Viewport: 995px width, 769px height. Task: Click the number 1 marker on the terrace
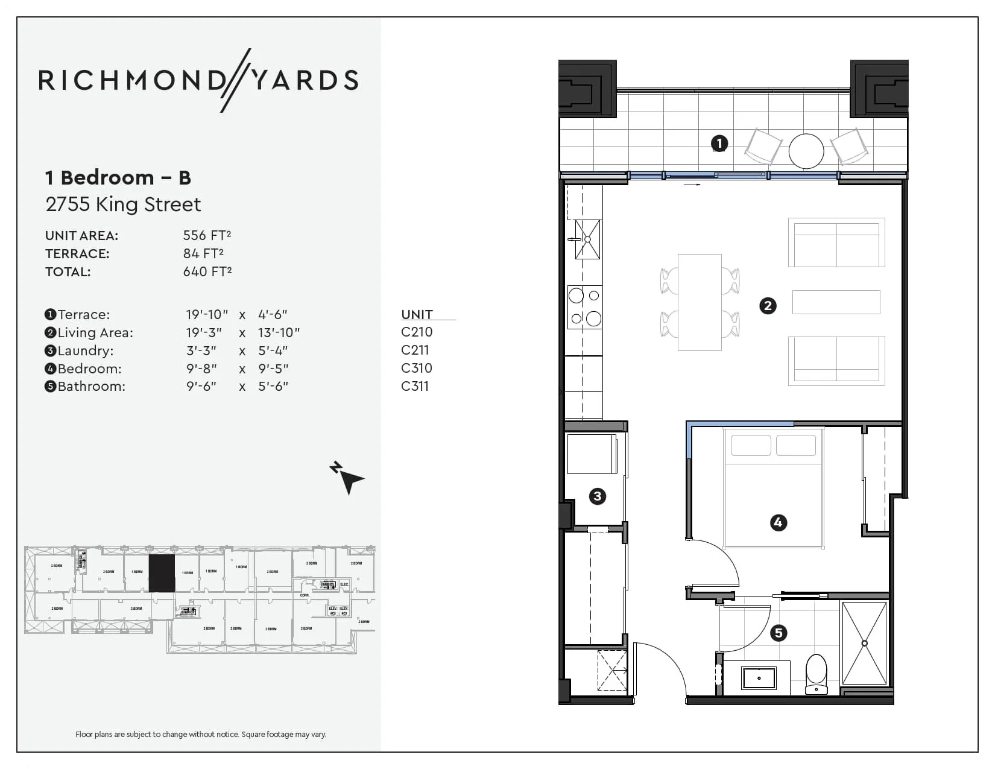pos(719,144)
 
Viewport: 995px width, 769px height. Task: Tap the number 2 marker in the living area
pos(768,306)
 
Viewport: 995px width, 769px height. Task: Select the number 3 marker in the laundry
pos(597,496)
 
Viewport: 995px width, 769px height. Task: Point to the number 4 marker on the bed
pos(778,522)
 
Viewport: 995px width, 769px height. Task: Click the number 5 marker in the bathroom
pos(779,633)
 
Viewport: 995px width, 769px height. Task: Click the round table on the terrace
pos(806,151)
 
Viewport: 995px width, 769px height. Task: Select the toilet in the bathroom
pos(817,674)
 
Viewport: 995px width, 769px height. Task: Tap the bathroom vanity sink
pos(759,678)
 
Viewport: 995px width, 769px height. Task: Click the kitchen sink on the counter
pos(587,239)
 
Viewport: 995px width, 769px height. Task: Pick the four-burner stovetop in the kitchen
pos(585,307)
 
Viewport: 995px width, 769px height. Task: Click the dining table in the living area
pos(700,302)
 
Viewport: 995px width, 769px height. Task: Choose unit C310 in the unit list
pos(417,368)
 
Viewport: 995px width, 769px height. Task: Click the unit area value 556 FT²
pos(207,235)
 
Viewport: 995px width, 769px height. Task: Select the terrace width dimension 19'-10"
pos(207,314)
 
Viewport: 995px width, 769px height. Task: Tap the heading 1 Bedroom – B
pos(118,178)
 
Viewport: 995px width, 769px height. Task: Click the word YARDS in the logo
pos(305,80)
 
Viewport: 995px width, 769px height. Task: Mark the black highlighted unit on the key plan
pos(162,573)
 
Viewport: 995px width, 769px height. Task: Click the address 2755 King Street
pos(123,204)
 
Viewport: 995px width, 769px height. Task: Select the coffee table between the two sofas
pos(836,302)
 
